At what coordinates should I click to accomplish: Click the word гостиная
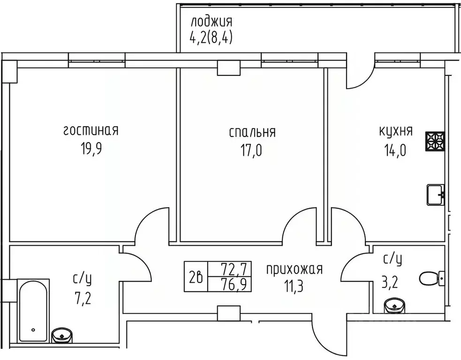coord(91,130)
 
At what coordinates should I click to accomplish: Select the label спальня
coord(252,132)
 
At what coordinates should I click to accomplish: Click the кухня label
coord(396,131)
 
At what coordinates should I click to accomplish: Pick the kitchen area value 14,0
coord(396,150)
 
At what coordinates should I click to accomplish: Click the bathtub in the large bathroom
coord(33,309)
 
